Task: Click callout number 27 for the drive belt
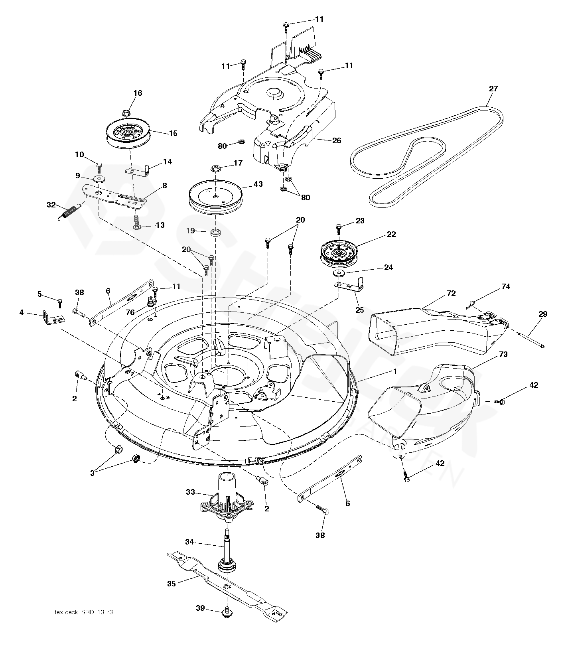point(493,89)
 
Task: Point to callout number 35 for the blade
point(172,584)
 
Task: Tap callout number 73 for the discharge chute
point(503,354)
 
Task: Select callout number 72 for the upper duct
point(451,294)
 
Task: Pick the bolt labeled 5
point(60,301)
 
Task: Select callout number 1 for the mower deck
point(394,371)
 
